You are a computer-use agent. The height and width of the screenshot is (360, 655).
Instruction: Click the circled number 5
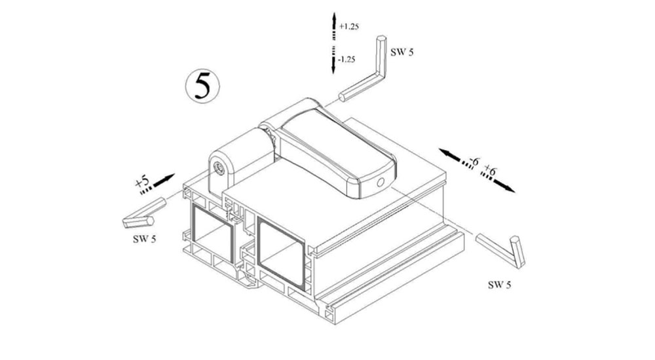click(x=202, y=86)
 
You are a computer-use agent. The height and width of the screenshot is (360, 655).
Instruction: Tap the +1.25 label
click(x=349, y=26)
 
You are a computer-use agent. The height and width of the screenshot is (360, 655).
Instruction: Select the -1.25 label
click(x=346, y=60)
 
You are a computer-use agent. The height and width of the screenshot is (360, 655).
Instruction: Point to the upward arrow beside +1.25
click(x=334, y=26)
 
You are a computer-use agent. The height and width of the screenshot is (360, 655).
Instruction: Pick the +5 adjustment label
click(x=142, y=182)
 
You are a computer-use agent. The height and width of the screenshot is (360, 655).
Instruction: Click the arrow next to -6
click(x=455, y=158)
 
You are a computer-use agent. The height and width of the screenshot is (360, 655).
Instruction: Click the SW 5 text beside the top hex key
click(x=402, y=52)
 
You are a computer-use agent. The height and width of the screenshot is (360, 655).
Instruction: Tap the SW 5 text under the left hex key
click(x=145, y=240)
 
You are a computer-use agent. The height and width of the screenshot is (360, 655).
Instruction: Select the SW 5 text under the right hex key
click(x=500, y=285)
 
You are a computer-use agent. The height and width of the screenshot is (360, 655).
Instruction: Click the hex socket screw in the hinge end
click(x=219, y=168)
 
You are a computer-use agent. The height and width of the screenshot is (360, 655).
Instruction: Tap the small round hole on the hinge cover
click(x=380, y=183)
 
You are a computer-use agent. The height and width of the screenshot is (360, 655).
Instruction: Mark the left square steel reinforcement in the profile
click(x=213, y=234)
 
